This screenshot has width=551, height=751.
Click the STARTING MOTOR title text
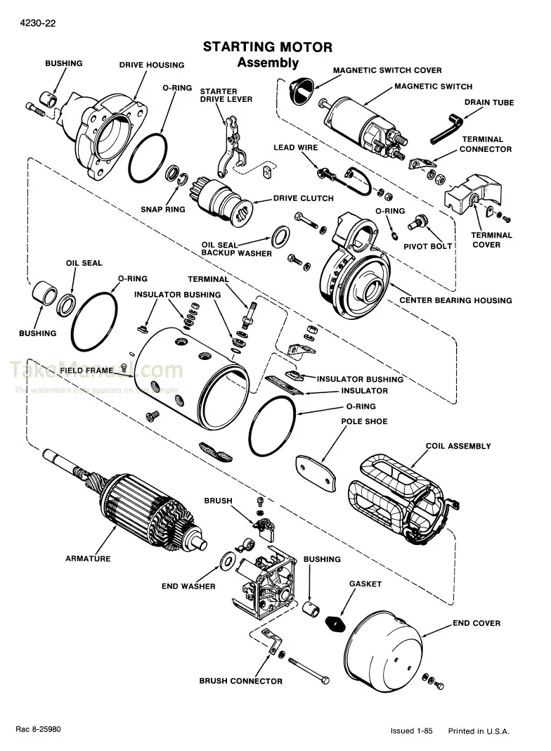[268, 47]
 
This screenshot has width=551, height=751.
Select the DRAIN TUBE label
[488, 103]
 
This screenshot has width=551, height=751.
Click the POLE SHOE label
[364, 422]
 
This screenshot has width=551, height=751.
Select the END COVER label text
[476, 623]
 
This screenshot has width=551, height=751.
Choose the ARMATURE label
[88, 558]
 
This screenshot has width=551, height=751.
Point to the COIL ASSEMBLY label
[458, 446]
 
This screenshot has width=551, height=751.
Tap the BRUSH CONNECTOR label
[240, 681]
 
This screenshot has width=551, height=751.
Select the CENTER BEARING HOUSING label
[455, 300]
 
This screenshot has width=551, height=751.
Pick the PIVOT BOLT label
[427, 246]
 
